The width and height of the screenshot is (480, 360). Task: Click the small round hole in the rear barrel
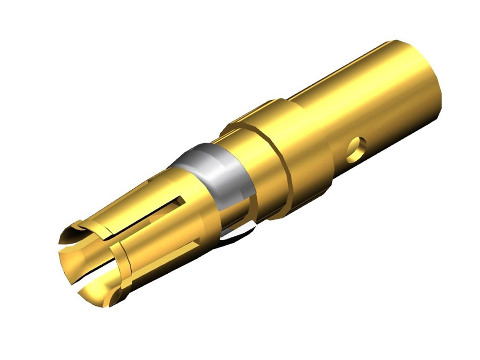(x=357, y=146)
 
